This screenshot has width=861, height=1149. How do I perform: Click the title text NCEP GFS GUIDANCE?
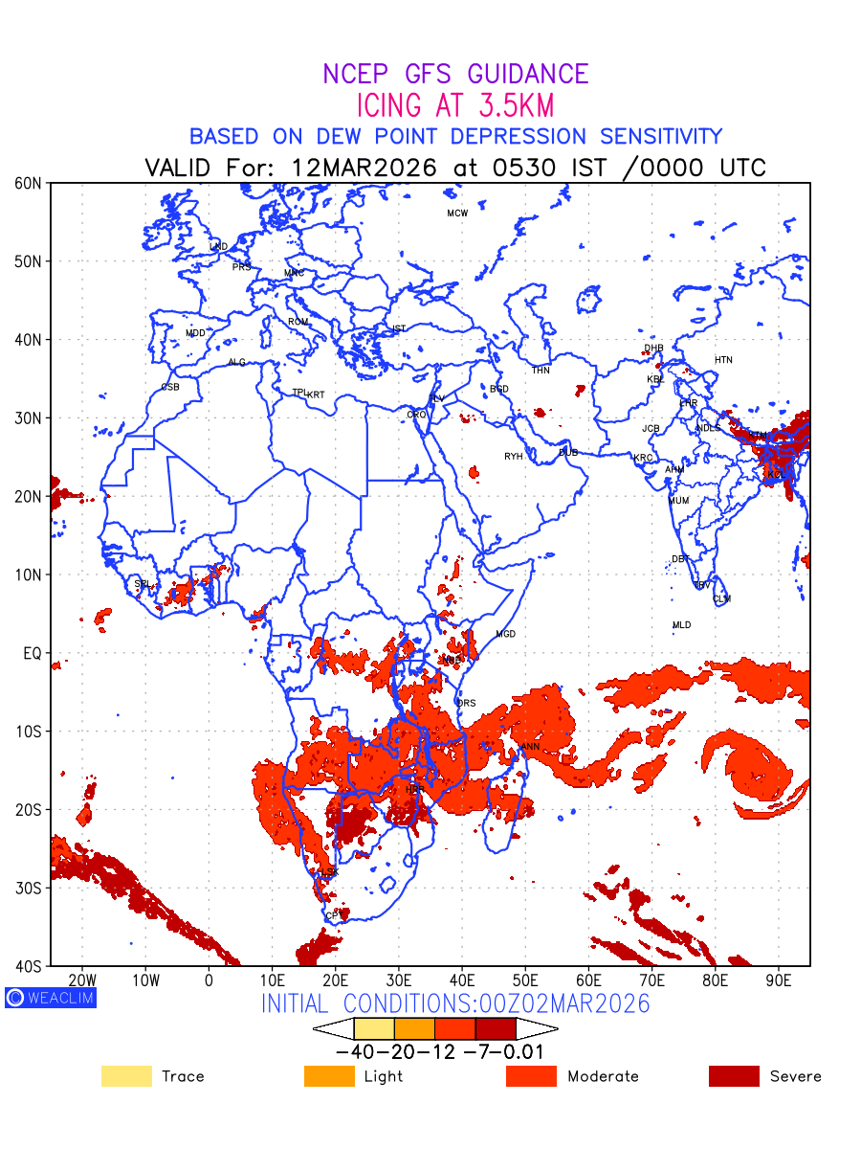coord(455,75)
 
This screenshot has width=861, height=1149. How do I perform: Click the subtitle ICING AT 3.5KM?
coord(455,105)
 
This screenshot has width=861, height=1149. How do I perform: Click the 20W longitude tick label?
coord(82,980)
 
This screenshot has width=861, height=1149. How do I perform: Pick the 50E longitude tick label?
coord(525,980)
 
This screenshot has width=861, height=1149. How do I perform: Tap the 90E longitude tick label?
coord(778,980)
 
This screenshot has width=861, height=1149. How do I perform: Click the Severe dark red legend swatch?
coord(734,1076)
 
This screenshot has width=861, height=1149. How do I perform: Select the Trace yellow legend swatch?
coord(126,1076)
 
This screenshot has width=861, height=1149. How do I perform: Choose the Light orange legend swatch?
coord(329,1076)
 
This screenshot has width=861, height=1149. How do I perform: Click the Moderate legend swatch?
coord(531,1076)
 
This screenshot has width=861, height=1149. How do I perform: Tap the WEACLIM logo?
coord(51,997)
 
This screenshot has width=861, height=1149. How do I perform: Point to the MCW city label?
coord(457,214)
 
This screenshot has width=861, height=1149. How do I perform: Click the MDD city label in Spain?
coord(195,333)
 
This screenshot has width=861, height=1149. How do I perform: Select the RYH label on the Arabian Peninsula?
coord(514,457)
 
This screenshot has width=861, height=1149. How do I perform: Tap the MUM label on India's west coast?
coord(678,501)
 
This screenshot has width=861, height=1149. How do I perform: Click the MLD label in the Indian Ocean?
coord(681,625)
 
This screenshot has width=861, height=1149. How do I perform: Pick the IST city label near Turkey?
coord(398,329)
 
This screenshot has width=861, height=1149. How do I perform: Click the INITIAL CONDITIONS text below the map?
coord(455,1003)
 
